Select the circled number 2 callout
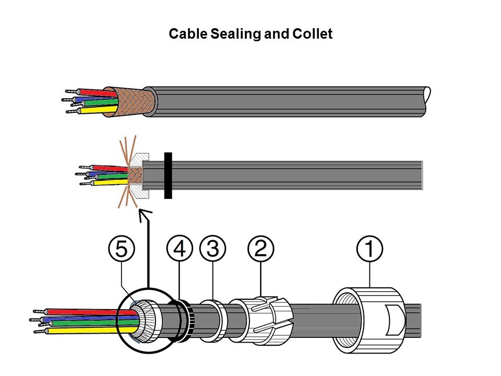click(261, 250)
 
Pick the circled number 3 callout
click(213, 250)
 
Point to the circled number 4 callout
click(180, 250)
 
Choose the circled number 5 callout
click(121, 250)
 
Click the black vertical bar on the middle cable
click(168, 175)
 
